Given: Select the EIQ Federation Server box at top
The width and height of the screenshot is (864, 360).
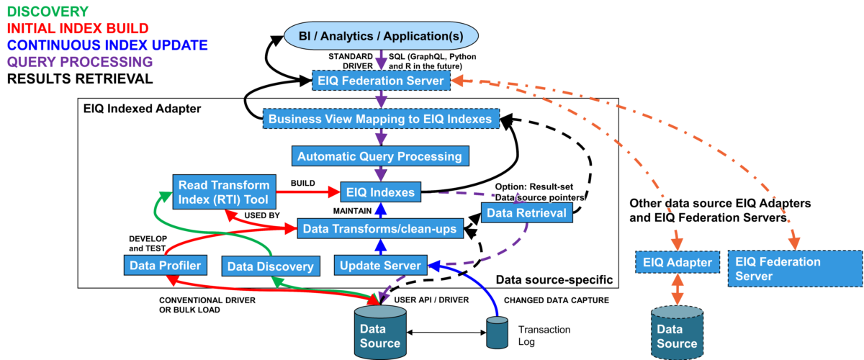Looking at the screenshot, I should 381,81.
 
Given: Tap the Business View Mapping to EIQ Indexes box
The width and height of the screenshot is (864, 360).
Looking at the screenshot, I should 380,119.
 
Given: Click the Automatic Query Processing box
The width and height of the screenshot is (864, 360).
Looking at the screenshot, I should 379,156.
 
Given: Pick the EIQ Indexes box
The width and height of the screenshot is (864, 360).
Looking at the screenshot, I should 379,192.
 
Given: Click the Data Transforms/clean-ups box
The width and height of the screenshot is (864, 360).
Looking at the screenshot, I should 379,229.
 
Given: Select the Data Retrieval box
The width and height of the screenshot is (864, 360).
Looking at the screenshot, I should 526,212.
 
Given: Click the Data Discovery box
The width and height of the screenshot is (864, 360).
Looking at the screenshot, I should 270,266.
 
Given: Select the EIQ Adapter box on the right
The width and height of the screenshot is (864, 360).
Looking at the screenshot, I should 677,263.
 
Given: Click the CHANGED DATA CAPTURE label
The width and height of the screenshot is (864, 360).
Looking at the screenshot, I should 557,300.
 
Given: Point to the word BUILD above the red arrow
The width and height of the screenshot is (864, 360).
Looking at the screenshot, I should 302,183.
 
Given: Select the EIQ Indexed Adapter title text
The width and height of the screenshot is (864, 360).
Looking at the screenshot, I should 141,109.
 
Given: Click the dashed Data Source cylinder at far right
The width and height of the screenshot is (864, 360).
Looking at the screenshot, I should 677,332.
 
